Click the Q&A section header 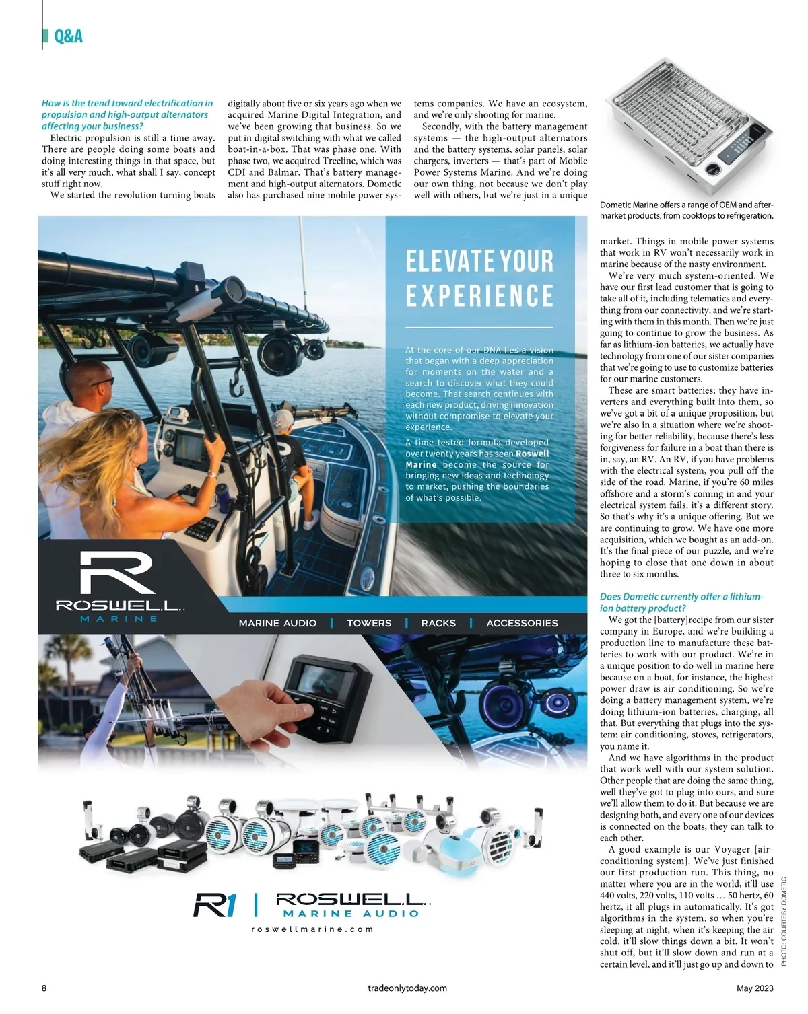pos(68,36)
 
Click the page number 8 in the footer pos(44,988)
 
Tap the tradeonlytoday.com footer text pos(407,988)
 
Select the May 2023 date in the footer pos(754,988)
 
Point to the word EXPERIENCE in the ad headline pos(479,296)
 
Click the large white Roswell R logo pos(117,573)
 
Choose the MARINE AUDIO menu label pos(277,623)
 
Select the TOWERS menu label pos(369,623)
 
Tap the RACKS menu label pos(438,623)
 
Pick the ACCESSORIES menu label pos(522,623)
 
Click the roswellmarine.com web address pos(312,929)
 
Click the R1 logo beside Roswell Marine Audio pos(215,905)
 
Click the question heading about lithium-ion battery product pos(681,602)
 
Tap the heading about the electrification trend pos(127,114)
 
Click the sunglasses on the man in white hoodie pos(102,382)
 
